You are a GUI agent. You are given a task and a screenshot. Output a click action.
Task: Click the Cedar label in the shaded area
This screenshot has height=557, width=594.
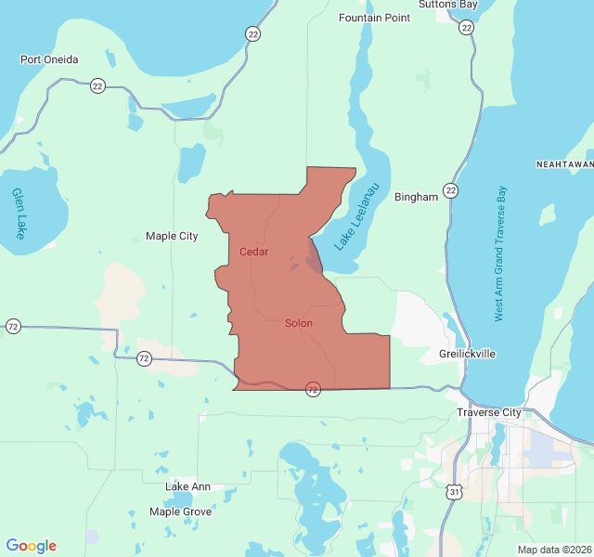pos(253,252)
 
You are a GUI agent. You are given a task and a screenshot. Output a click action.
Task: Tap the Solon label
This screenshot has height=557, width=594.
pos(298,323)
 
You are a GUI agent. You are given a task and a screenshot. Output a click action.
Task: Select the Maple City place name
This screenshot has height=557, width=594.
pos(172,236)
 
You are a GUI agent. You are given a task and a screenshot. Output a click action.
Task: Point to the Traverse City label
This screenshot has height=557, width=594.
pos(489,411)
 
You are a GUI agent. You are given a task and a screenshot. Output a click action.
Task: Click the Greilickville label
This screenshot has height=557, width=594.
pos(467,355)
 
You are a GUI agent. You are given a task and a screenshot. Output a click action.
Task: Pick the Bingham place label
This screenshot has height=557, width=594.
pos(416,197)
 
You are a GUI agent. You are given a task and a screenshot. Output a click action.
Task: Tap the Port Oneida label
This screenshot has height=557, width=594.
pos(49,59)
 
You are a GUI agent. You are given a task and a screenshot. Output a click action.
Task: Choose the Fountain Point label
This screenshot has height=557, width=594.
pos(374,18)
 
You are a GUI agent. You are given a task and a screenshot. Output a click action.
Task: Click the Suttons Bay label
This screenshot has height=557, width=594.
pos(447,5)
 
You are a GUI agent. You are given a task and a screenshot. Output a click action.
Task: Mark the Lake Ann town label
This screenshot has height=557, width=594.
pos(187,486)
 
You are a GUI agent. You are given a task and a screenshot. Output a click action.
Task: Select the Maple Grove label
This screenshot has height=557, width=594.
pos(180,512)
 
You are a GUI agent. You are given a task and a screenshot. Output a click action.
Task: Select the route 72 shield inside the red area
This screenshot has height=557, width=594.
pos(313,389)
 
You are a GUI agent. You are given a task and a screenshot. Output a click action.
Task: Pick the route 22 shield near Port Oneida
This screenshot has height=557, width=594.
pos(97,85)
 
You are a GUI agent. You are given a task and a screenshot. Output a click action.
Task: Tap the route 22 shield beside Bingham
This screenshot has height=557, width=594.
pos(450,190)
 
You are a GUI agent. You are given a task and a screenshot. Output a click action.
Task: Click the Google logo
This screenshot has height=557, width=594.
pos(31,546)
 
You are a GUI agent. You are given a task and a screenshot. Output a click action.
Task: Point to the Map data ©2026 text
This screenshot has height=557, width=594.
pos(554,550)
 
